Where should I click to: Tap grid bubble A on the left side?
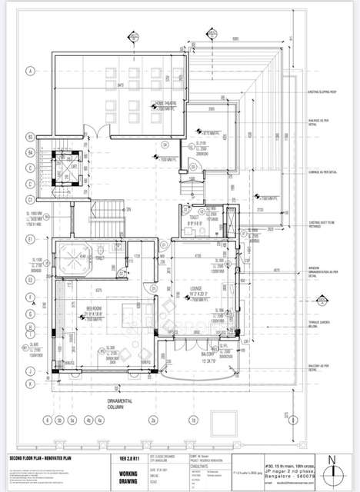[x=30, y=71]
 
